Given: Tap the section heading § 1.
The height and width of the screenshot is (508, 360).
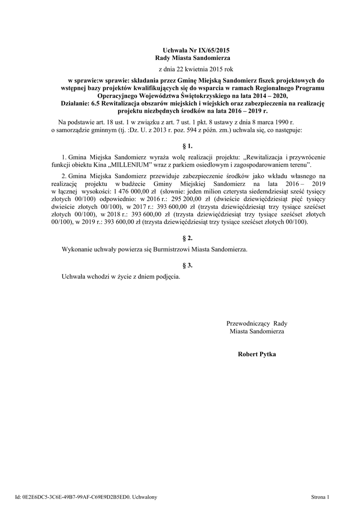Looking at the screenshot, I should [187, 146].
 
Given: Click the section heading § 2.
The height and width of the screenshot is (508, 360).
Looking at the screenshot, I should [187, 238].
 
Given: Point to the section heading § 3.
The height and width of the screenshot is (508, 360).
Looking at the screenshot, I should [187, 265].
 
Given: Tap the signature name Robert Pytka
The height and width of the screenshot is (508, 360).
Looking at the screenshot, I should [257, 354].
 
